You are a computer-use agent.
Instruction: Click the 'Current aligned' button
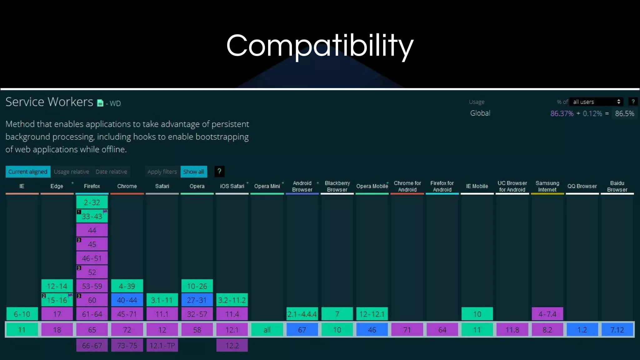[28, 172]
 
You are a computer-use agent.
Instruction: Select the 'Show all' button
[194, 172]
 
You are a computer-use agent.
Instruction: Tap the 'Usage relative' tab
[71, 172]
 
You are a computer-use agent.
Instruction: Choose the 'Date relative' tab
[111, 172]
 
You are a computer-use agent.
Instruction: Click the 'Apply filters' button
[162, 172]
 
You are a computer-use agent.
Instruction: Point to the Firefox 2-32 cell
[92, 202]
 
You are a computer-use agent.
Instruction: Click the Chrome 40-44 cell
[127, 300]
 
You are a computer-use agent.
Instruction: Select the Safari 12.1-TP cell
[162, 345]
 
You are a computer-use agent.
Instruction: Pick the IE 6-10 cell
[22, 314]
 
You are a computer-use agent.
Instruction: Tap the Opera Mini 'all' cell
[267, 330]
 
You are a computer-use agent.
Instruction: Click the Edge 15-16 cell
[57, 300]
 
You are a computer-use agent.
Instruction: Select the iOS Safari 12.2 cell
[232, 345]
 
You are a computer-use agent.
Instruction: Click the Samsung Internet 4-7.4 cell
[547, 314]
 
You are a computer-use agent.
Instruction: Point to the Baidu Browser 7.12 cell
[617, 330]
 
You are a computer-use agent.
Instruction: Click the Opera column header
[197, 186]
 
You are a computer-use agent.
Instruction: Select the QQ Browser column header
[582, 186]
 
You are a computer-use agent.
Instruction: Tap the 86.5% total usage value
[624, 113]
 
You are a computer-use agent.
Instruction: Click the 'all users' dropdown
[596, 102]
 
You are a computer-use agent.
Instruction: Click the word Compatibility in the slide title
[320, 46]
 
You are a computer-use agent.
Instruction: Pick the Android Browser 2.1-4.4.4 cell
[302, 314]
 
